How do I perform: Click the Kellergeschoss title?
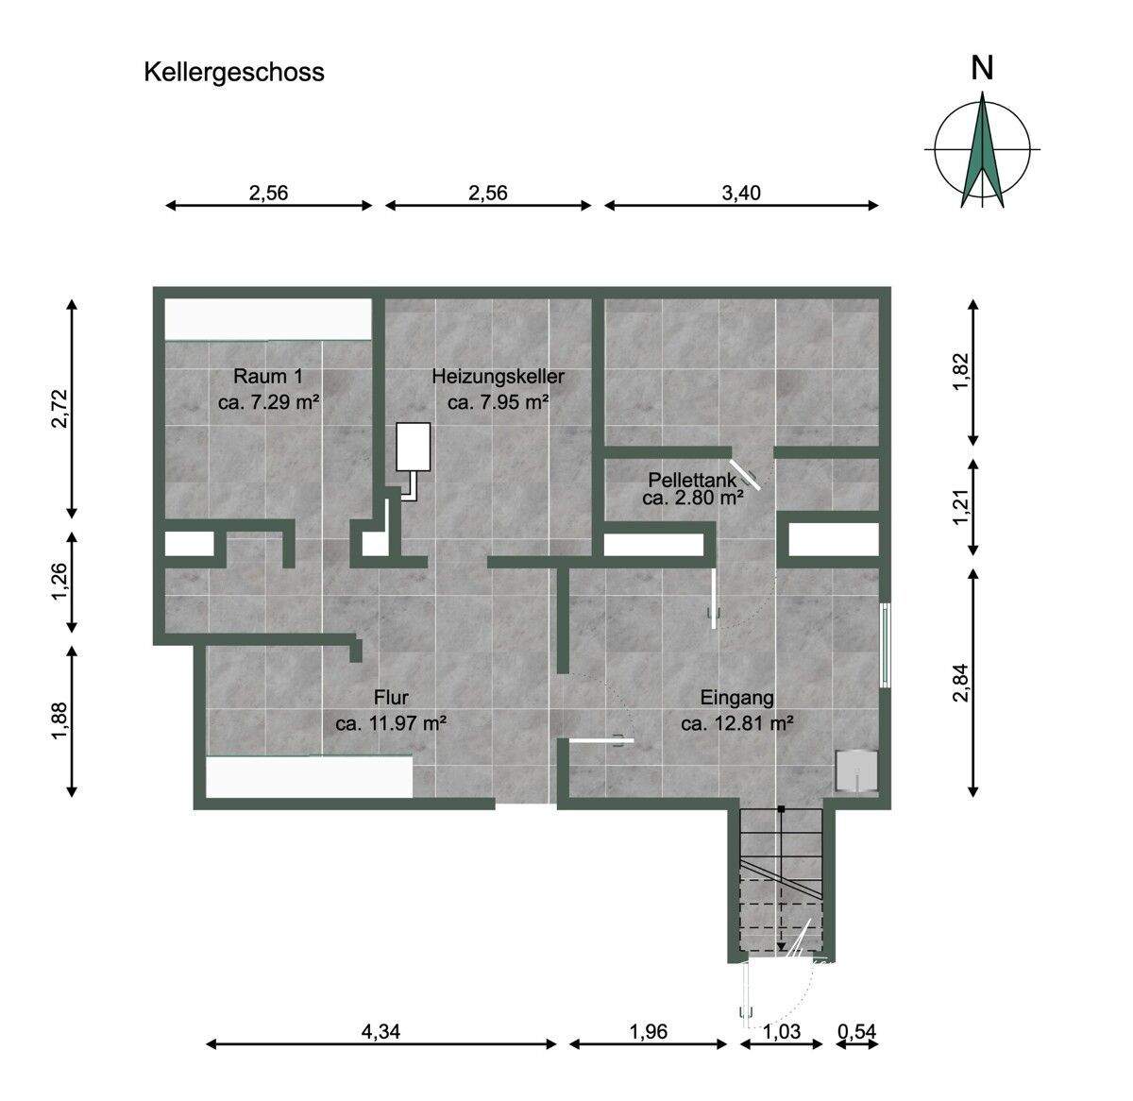(x=233, y=72)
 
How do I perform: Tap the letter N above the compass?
(x=983, y=68)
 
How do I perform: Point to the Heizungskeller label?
(x=498, y=376)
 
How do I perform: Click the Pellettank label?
(x=691, y=479)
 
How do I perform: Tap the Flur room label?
(x=390, y=699)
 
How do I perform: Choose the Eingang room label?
(x=736, y=699)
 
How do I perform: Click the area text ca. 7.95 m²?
(x=498, y=402)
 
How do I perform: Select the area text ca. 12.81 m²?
(x=736, y=724)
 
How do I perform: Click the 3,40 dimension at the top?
(x=741, y=193)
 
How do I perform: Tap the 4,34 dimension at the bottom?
(x=380, y=1032)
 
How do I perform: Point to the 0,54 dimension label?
(x=857, y=1032)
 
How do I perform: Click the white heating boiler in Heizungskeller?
(x=413, y=446)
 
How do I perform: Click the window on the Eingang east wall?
(x=885, y=645)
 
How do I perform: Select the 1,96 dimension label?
(x=648, y=1032)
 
